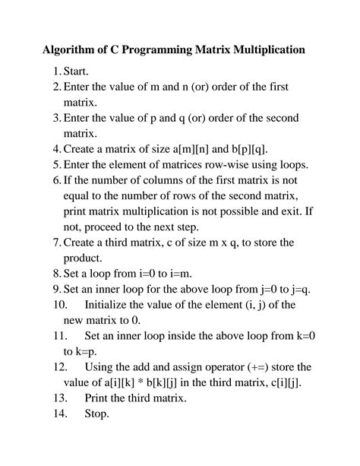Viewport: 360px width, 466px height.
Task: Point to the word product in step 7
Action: pos(84,258)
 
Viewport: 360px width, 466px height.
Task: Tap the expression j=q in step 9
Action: pos(276,289)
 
